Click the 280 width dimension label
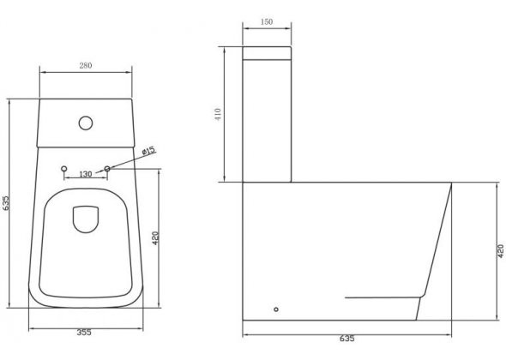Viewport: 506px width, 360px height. pos(86,65)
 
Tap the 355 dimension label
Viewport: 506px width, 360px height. pos(84,333)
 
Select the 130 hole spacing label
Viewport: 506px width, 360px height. pos(86,174)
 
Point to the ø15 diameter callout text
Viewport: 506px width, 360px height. pos(148,151)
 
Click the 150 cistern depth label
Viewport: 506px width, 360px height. pos(267,21)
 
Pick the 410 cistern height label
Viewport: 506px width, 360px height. pos(218,114)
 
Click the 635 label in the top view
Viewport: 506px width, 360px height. pos(5,203)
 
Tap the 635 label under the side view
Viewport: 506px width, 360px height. pos(346,339)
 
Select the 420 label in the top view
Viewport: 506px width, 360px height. pos(155,238)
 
